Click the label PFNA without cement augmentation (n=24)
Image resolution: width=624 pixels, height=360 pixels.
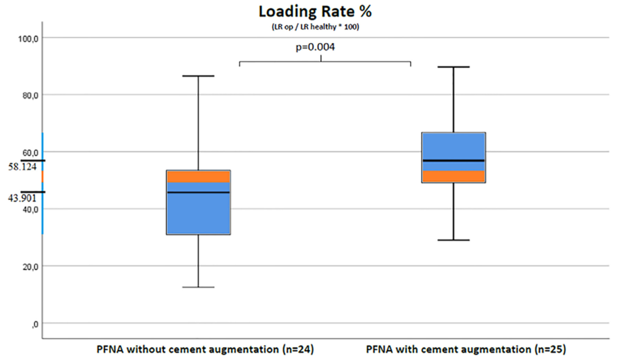pos(205,349)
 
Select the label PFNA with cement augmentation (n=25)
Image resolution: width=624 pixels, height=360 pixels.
pos(466,349)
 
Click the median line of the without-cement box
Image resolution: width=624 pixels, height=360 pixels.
pos(198,192)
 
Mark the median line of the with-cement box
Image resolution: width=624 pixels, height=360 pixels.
pos(454,161)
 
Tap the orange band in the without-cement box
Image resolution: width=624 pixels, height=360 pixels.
pos(198,176)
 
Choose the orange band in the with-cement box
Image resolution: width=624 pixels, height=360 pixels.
pos(454,176)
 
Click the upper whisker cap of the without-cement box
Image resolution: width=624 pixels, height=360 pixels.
pos(198,76)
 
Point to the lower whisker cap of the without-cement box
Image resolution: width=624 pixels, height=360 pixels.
pos(198,287)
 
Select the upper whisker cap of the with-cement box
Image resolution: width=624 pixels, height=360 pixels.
pos(454,67)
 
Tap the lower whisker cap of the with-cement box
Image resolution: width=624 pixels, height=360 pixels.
pos(454,240)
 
